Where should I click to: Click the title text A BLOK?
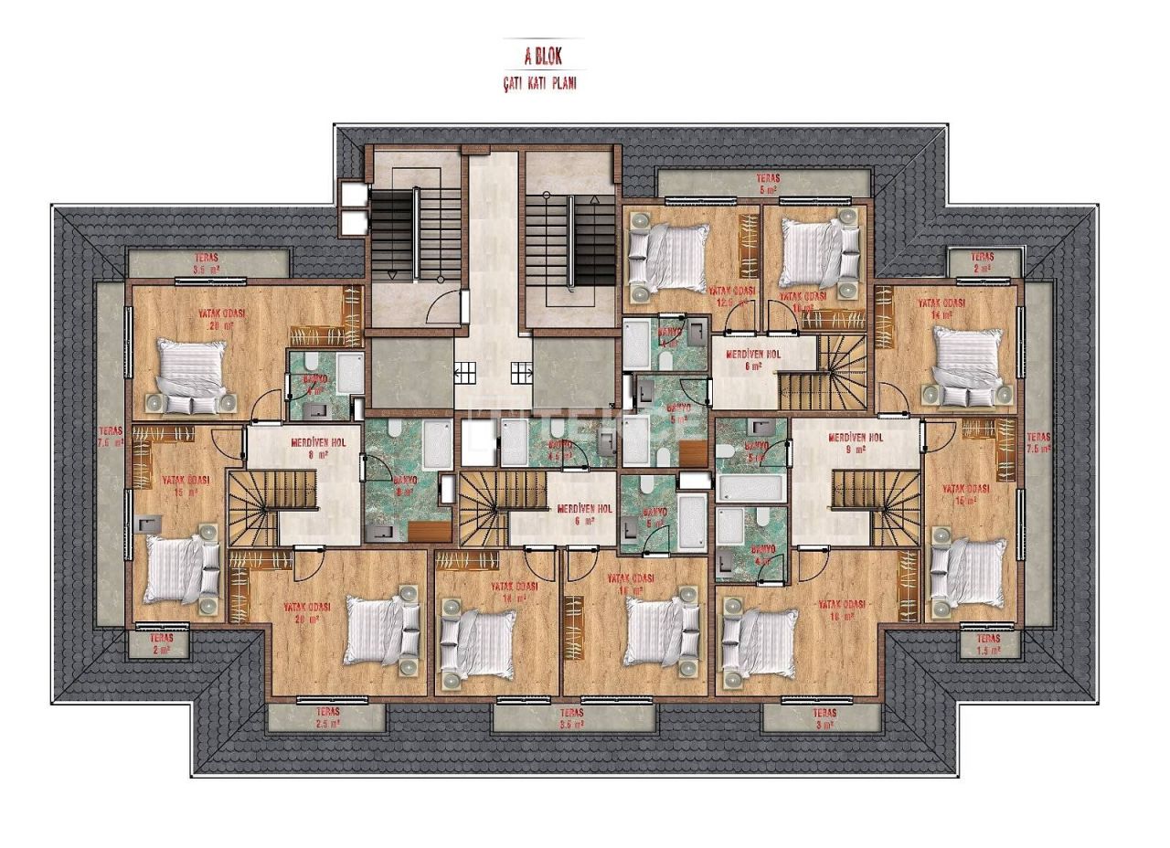click(x=544, y=56)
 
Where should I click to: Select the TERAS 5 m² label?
click(x=766, y=185)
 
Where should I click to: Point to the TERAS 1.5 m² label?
click(x=987, y=645)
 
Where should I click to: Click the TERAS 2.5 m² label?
click(x=327, y=717)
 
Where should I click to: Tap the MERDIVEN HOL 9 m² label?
click(x=856, y=443)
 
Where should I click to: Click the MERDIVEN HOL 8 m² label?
click(x=318, y=447)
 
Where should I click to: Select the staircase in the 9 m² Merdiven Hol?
click(x=865, y=507)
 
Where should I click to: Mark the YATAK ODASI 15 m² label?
click(x=186, y=485)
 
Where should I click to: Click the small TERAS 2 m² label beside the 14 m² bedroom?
click(x=982, y=263)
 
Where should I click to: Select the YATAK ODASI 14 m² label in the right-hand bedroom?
click(x=941, y=308)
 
